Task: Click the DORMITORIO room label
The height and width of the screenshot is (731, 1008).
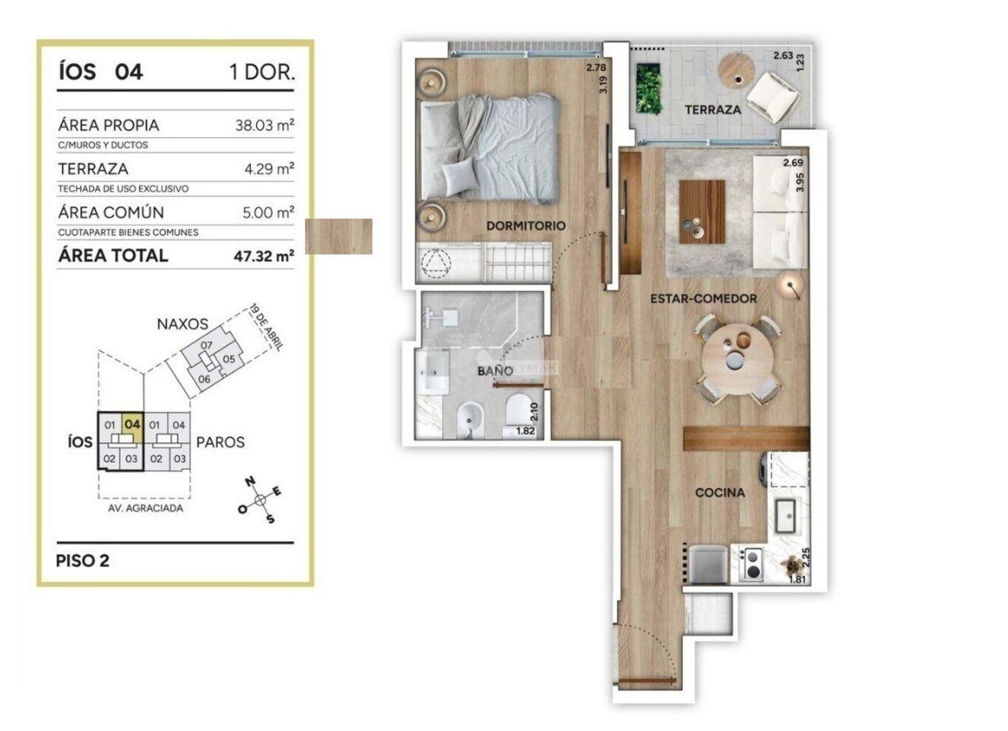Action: point(526,226)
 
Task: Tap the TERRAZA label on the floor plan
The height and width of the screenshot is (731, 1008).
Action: point(713,110)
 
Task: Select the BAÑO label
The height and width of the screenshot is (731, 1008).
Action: point(496,371)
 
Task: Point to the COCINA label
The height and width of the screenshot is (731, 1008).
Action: point(719,493)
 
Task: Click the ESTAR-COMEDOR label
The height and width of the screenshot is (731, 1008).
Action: point(703,298)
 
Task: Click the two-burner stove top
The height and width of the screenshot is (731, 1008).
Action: point(752,563)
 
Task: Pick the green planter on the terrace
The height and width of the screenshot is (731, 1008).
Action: point(648,88)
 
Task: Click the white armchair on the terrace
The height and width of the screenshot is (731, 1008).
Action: point(772,98)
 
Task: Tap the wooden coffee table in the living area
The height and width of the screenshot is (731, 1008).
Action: point(702,212)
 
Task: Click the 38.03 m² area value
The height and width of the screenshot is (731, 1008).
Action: point(264,125)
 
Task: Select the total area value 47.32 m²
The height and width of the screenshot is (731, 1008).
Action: point(264,256)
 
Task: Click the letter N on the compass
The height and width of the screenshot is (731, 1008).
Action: point(250,482)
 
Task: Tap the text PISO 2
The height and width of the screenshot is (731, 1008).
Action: point(83,560)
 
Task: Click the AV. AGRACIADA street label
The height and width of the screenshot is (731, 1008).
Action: point(145,508)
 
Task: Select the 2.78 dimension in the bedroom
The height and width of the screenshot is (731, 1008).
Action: point(596,67)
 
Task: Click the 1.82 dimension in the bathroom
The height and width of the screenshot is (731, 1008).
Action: point(525,430)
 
